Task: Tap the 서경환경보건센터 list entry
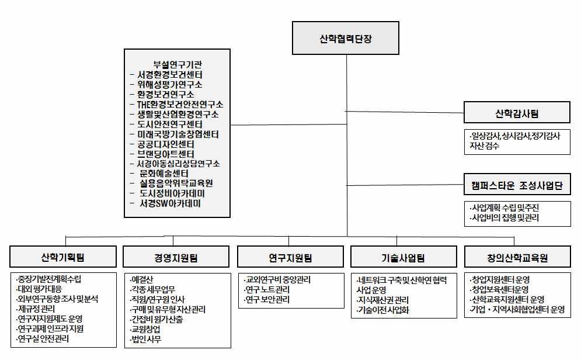click(170, 75)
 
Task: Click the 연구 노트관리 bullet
click(267, 289)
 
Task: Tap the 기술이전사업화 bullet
click(383, 310)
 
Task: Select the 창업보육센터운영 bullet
click(499, 289)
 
